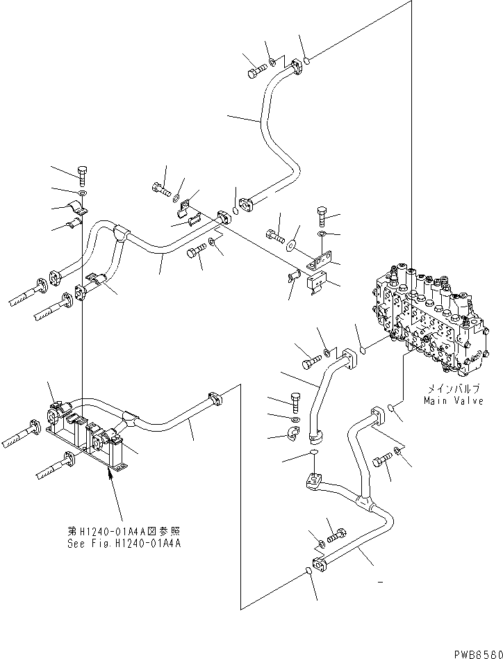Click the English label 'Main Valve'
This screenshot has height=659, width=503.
click(x=453, y=401)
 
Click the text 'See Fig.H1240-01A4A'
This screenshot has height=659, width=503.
click(x=124, y=544)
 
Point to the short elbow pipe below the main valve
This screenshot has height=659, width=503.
click(x=327, y=389)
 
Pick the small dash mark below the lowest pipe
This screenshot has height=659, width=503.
click(x=379, y=580)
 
